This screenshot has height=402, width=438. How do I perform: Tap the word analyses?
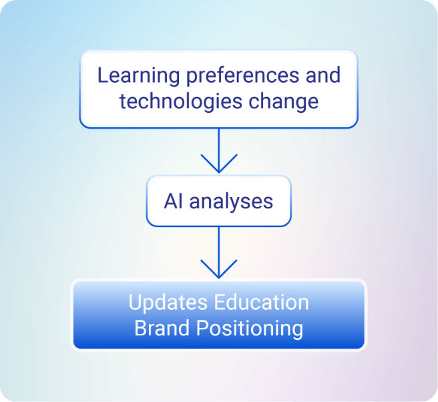pos(231,201)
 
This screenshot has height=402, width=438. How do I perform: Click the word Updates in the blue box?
pos(168,302)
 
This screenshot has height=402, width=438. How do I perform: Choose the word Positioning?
pos(250,329)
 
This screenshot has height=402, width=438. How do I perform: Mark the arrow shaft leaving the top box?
pos(218,144)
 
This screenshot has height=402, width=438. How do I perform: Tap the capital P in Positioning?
pos(202,329)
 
